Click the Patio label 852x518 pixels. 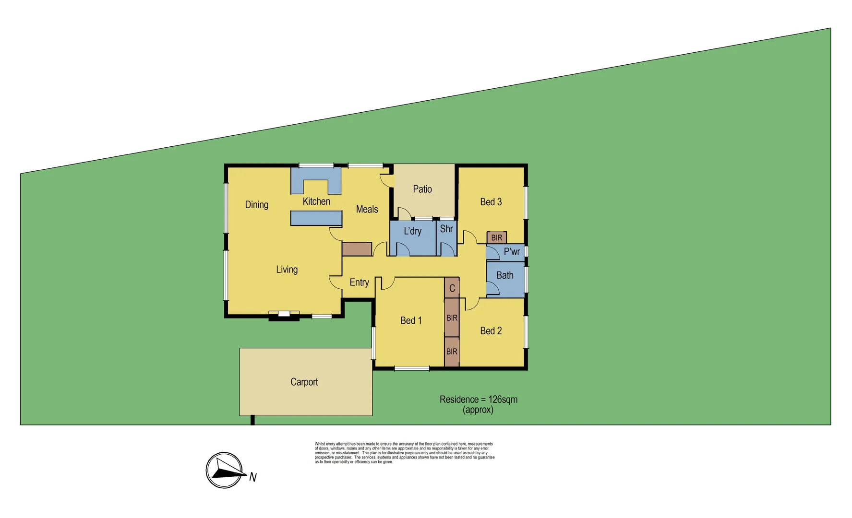click(x=422, y=189)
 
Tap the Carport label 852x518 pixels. click(x=304, y=382)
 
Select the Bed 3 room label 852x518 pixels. click(x=491, y=202)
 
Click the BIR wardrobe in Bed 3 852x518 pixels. click(x=496, y=237)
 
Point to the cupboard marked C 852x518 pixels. click(x=452, y=288)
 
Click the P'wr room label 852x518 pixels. click(x=512, y=252)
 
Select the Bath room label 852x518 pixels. click(x=504, y=275)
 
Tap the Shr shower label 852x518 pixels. click(x=446, y=229)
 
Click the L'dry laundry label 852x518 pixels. click(x=412, y=231)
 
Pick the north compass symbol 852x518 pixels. click(x=224, y=470)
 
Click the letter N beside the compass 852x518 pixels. click(x=253, y=477)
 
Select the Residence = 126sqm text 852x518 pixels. click(x=478, y=400)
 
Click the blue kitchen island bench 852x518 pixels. click(x=316, y=218)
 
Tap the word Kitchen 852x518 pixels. click(x=316, y=201)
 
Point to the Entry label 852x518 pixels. click(x=359, y=283)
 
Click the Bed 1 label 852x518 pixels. click(x=411, y=320)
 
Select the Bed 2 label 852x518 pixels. click(x=491, y=331)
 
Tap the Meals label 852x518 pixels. click(x=367, y=209)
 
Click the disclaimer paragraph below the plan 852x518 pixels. click(x=404, y=453)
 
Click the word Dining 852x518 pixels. click(x=256, y=205)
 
